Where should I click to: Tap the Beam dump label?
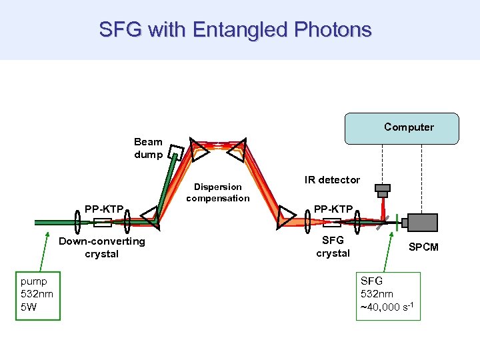[147, 148]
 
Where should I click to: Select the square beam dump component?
[175, 153]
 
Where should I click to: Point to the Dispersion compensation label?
[217, 193]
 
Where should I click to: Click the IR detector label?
[332, 179]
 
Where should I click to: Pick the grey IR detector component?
[382, 191]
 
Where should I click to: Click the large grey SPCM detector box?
[421, 222]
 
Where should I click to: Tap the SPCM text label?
[423, 247]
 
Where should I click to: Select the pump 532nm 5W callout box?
[37, 295]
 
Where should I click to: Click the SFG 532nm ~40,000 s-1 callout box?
[388, 296]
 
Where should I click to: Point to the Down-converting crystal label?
[101, 247]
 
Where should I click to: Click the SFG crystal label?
[333, 247]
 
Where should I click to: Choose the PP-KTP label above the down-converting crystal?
[104, 209]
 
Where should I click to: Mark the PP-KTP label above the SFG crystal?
[333, 209]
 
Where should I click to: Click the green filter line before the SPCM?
[397, 222]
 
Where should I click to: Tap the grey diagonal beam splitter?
[380, 223]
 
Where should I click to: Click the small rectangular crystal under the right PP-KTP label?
[327, 223]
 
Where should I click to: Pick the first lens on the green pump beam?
[77, 223]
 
